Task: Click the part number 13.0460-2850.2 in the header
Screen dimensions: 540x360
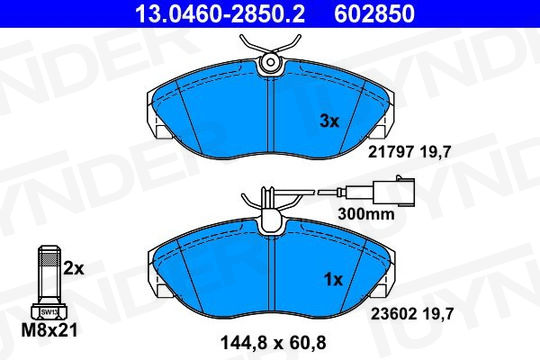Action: [x=220, y=14]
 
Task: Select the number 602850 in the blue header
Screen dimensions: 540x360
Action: [x=374, y=14]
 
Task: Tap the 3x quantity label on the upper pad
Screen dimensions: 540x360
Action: [x=330, y=121]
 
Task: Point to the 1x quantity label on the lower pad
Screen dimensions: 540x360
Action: [x=333, y=280]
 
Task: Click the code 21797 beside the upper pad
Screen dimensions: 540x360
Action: [x=391, y=152]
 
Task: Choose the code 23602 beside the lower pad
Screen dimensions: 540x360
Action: [x=393, y=313]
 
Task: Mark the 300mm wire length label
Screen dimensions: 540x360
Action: [x=366, y=214]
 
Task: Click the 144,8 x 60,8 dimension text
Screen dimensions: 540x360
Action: [x=273, y=343]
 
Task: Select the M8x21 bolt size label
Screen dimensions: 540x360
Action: [x=49, y=330]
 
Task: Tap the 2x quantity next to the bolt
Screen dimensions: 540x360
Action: [x=73, y=268]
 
